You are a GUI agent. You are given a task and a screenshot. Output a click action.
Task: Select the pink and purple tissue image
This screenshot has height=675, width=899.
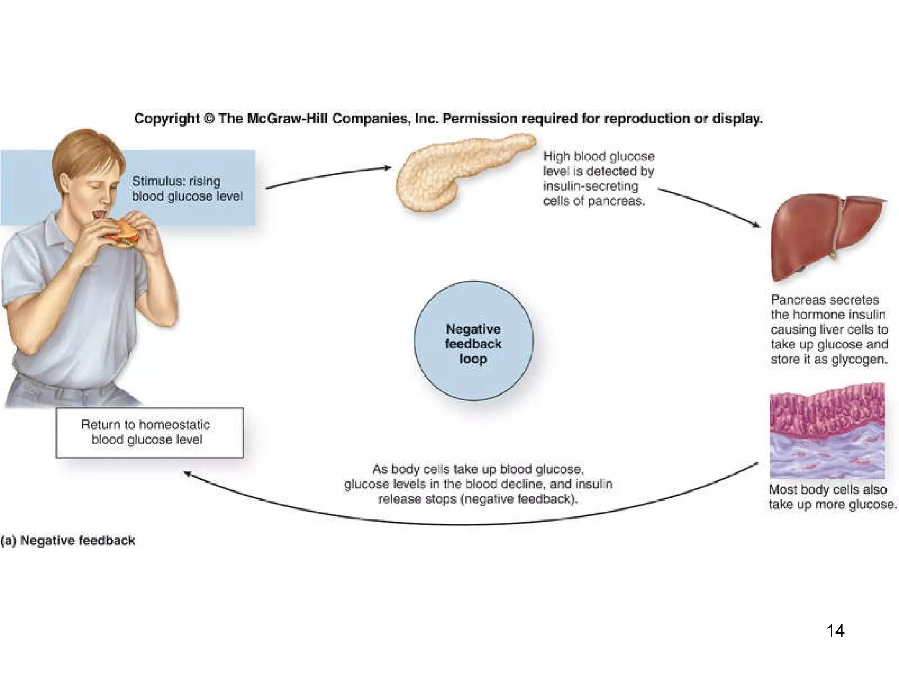[827, 431]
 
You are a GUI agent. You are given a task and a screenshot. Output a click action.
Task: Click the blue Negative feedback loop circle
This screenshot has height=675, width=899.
[473, 341]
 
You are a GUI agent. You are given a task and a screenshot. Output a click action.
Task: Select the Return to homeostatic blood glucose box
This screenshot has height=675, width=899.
[149, 432]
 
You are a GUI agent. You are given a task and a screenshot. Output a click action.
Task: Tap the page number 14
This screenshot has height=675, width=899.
[835, 631]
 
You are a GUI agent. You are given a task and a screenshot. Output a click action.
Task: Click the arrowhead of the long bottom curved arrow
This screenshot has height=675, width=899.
[187, 474]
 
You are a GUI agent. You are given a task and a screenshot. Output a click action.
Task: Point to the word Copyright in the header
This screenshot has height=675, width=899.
[167, 119]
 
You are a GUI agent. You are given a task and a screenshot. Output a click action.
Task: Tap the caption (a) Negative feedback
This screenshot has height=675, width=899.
[68, 541]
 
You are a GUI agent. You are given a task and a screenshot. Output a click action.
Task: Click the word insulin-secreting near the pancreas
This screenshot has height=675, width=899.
[590, 186]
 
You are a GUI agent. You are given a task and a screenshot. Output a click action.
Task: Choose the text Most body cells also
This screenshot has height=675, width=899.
[827, 490]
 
